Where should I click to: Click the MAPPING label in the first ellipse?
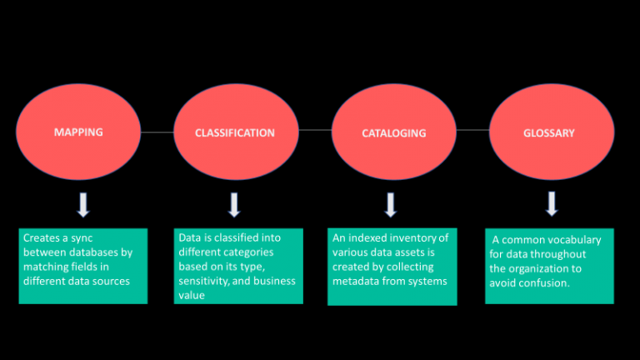coord(78,132)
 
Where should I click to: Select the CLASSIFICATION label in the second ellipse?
coord(235,132)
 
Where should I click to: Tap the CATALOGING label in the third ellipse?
coord(393,132)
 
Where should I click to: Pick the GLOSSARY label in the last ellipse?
coord(548,132)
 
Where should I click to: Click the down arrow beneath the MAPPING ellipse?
coord(83,204)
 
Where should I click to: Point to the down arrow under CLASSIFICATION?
coord(234,204)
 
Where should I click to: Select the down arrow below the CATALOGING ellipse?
coord(391,204)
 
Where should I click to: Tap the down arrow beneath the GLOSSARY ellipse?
coord(552,203)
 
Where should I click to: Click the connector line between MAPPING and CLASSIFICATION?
coord(157,132)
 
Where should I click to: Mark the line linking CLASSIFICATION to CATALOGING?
coord(315,131)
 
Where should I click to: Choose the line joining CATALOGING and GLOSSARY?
coord(472,131)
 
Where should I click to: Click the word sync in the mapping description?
coord(82,238)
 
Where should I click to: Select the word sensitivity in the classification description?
coord(205,280)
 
